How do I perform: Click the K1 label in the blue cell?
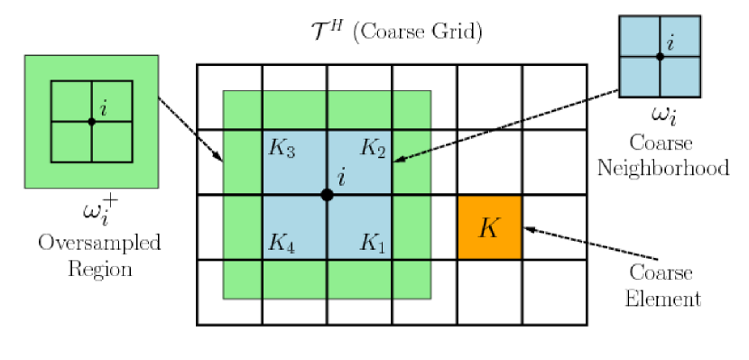click(x=373, y=243)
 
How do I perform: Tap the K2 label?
click(x=373, y=148)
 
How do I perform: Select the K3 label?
click(x=282, y=148)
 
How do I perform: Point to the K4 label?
click(x=282, y=243)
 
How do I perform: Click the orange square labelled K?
click(x=489, y=227)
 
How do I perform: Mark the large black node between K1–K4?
click(x=327, y=195)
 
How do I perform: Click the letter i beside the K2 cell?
click(x=341, y=178)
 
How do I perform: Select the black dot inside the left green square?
click(x=91, y=121)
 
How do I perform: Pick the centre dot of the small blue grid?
click(x=660, y=56)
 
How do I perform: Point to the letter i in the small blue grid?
click(x=670, y=43)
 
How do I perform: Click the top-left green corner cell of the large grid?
click(x=242, y=109)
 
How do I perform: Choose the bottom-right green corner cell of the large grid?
click(x=411, y=280)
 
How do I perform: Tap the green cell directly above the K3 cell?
click(x=294, y=109)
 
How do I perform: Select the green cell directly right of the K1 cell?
click(x=411, y=227)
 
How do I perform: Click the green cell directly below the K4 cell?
click(x=294, y=280)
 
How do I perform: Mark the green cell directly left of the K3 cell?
click(x=242, y=162)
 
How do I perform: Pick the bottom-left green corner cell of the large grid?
click(x=242, y=280)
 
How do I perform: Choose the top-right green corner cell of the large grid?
click(x=411, y=109)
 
